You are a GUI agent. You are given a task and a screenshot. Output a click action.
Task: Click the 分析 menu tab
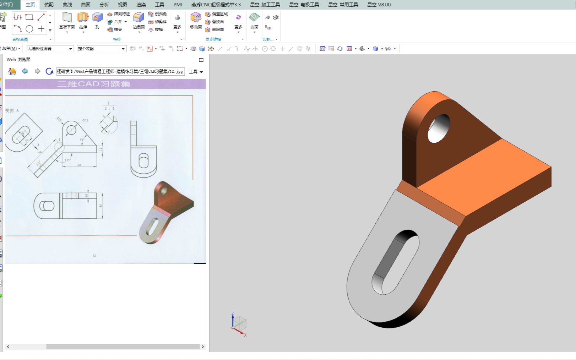(x=104, y=5)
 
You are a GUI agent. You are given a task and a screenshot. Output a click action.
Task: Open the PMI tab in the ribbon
(x=178, y=5)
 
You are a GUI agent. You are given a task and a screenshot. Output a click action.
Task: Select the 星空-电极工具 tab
(x=304, y=5)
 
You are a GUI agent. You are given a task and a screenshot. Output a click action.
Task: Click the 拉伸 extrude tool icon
(x=83, y=18)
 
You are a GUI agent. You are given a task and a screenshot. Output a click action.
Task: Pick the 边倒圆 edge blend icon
(x=138, y=18)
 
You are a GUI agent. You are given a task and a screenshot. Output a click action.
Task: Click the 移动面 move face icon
(x=196, y=18)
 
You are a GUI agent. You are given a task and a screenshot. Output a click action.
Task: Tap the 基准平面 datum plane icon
(x=67, y=18)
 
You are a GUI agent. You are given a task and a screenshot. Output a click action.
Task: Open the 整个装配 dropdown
(x=101, y=49)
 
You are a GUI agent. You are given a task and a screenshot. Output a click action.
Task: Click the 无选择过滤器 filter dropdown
(x=50, y=49)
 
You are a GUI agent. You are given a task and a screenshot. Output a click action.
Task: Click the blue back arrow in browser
(x=25, y=71)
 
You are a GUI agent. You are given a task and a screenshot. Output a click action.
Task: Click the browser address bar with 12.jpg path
(x=120, y=71)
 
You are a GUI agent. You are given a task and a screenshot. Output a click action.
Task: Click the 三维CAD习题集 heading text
(x=94, y=84)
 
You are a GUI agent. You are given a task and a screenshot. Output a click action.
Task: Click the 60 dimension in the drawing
(x=79, y=165)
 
